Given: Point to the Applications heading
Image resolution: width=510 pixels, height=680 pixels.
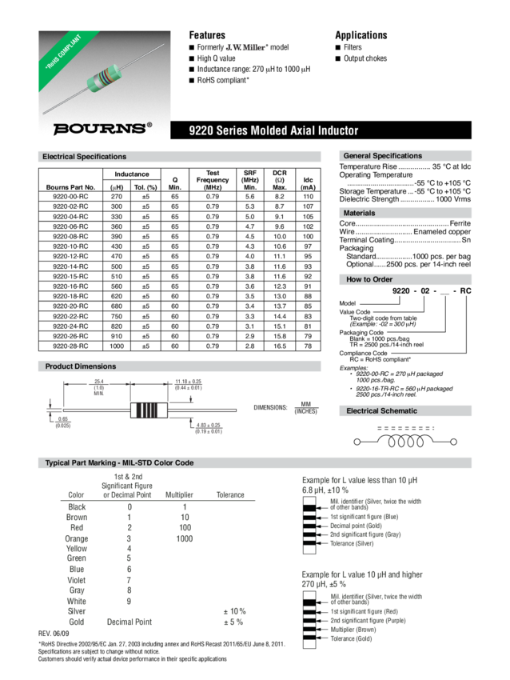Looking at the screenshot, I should coord(361,35).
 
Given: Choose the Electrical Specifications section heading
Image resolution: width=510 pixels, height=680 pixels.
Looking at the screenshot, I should coord(85,157).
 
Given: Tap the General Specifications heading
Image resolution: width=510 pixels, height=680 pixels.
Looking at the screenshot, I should coord(382,156).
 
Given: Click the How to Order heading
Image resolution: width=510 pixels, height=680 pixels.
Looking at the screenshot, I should coord(369,279).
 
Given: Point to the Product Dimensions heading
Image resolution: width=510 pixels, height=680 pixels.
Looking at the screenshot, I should coord(81,366).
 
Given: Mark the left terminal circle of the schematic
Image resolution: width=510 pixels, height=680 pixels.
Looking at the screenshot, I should coord(357,441).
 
